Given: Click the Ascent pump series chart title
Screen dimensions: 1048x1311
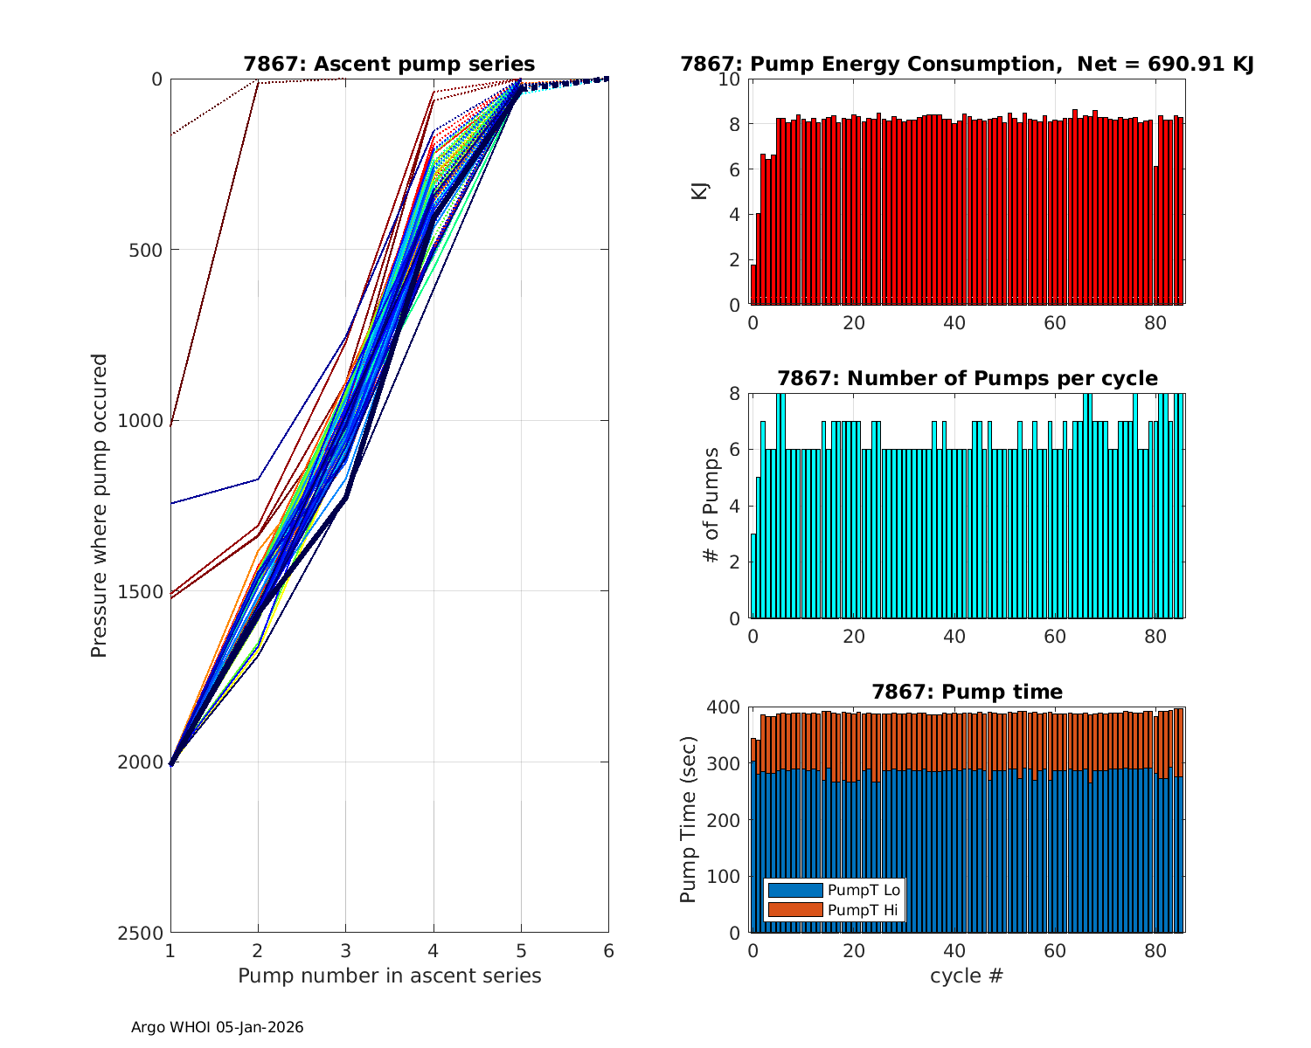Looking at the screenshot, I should (x=389, y=64).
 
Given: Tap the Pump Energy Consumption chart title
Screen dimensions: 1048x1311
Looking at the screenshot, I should (x=968, y=64).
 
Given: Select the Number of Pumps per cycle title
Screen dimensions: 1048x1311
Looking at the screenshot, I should (x=968, y=378).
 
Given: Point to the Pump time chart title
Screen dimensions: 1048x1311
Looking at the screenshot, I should (x=968, y=692).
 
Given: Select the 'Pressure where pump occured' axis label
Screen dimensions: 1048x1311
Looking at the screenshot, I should (x=99, y=506).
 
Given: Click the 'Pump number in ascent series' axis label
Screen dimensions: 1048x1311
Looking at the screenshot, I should (x=389, y=976).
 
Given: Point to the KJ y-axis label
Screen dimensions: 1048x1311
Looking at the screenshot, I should (x=700, y=191).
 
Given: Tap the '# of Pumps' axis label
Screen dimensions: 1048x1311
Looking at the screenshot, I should (x=711, y=506).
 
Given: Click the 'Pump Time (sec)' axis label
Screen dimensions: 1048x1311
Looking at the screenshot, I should (x=689, y=819).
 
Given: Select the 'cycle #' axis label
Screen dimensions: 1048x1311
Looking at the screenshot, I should (x=968, y=976).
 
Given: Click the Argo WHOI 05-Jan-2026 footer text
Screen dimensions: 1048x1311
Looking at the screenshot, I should (x=218, y=1028).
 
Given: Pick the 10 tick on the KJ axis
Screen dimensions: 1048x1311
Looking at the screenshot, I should (x=730, y=79).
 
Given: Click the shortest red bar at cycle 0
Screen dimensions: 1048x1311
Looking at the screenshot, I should (x=753, y=285).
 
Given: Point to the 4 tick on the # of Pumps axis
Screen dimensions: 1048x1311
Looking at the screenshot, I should (x=735, y=507).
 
